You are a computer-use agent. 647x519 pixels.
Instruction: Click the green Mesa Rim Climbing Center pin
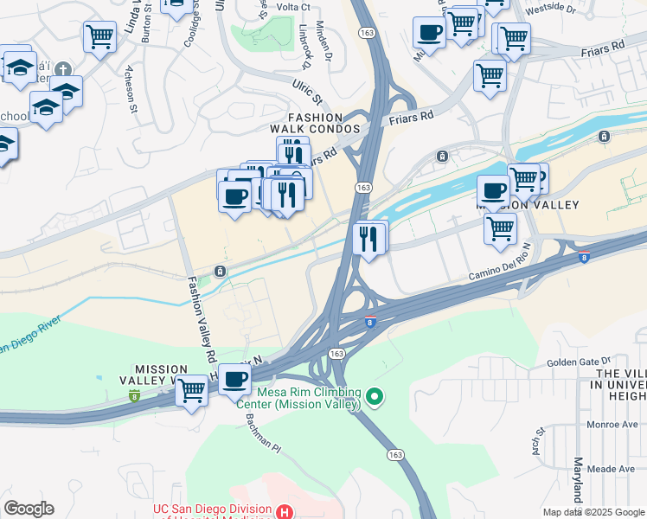pos(374,397)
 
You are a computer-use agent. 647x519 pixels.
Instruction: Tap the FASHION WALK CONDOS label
pos(323,123)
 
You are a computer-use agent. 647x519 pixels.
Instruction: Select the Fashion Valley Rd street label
pos(200,320)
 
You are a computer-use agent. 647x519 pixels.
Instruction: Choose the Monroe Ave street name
pos(613,426)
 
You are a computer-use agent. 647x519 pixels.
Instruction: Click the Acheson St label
pos(132,95)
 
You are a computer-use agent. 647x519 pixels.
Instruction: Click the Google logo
pos(29,509)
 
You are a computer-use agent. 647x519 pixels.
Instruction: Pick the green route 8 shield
pos(134,395)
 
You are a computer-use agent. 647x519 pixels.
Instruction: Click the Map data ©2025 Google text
pos(593,512)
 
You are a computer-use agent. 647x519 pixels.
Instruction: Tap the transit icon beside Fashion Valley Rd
pos(221,272)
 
